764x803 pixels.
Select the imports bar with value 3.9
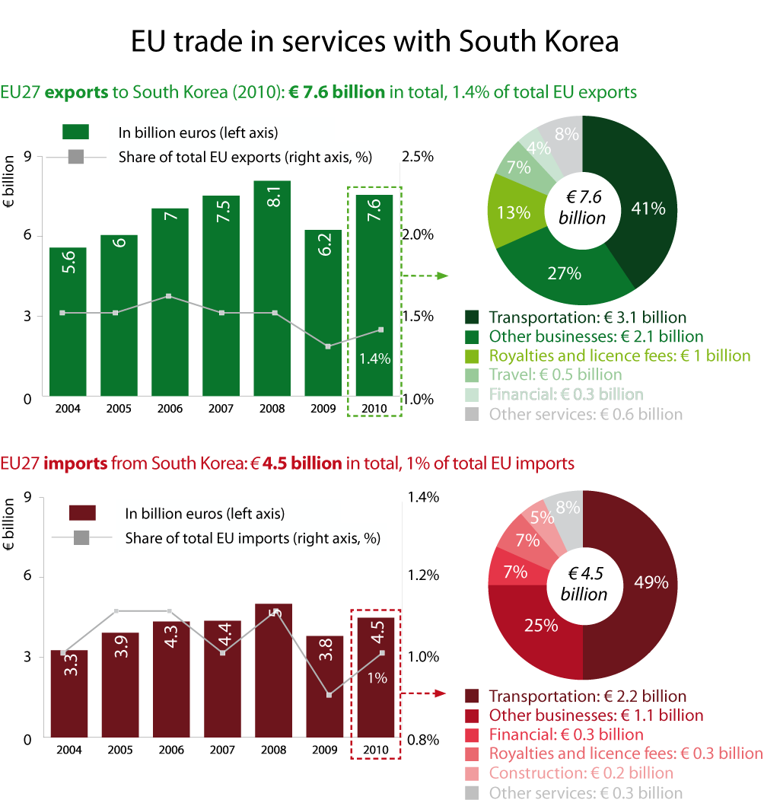click(120, 685)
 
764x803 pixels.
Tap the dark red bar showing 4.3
click(171, 681)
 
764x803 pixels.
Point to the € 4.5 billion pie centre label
click(583, 584)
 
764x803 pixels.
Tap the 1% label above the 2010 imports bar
click(376, 677)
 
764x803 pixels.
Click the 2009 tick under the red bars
click(324, 750)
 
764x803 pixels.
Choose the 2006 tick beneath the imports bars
click(171, 750)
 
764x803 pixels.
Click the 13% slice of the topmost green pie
click(513, 212)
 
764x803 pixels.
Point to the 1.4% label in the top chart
click(376, 358)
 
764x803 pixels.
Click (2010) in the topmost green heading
click(256, 92)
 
